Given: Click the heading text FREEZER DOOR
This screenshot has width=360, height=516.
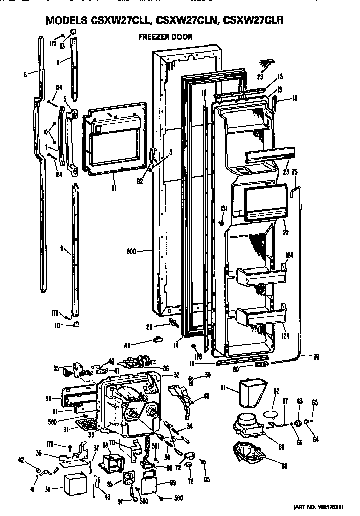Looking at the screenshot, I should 165,37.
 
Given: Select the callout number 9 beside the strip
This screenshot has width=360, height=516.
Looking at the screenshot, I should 62,249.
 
